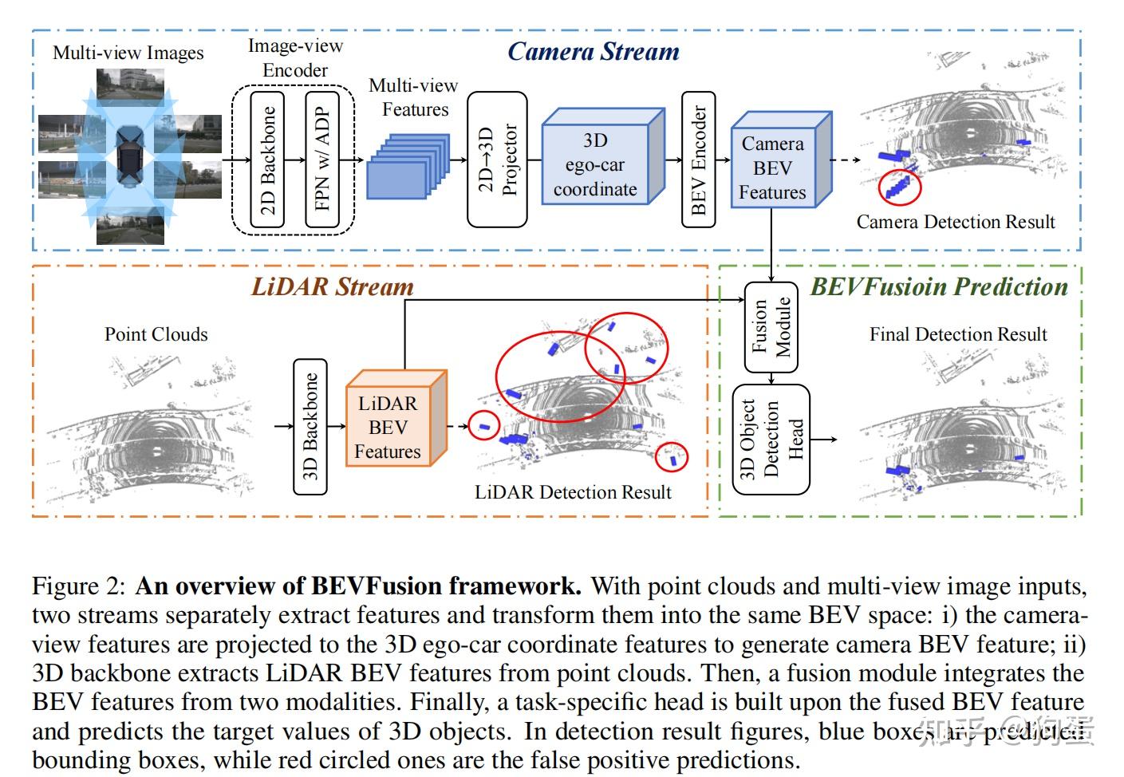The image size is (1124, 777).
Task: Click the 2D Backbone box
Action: pyautogui.click(x=267, y=160)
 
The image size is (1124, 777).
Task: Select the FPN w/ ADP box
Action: pyautogui.click(x=322, y=160)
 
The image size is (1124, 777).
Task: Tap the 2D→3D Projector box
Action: pyautogui.click(x=497, y=160)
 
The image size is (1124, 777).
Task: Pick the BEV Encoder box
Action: pyautogui.click(x=698, y=160)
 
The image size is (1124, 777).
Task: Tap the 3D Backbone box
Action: pyautogui.click(x=310, y=427)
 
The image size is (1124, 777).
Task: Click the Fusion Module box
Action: pyautogui.click(x=771, y=327)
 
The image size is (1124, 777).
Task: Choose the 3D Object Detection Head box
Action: pyautogui.click(x=771, y=440)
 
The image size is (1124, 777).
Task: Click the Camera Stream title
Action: pyautogui.click(x=594, y=52)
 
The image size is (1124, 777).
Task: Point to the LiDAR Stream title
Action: pyautogui.click(x=333, y=287)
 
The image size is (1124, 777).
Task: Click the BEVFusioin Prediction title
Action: pyautogui.click(x=939, y=287)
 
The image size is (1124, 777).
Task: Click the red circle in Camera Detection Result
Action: pyautogui.click(x=899, y=187)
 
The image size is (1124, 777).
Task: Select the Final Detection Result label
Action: pyautogui.click(x=957, y=334)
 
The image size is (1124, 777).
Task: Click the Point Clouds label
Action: pyautogui.click(x=156, y=334)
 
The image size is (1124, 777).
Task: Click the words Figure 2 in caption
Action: pyautogui.click(x=78, y=586)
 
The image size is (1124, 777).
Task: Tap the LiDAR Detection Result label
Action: pyautogui.click(x=573, y=492)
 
